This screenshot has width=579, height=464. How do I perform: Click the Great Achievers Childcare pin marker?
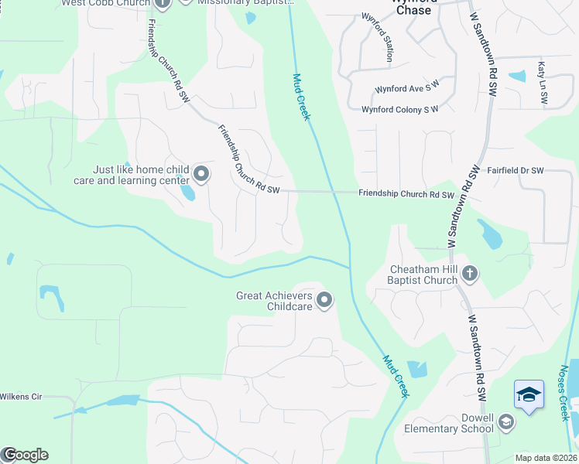(x=324, y=299)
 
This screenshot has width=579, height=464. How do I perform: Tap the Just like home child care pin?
(x=201, y=174)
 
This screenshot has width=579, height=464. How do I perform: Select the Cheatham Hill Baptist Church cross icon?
(x=471, y=272)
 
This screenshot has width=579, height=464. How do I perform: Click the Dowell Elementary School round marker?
(x=506, y=421)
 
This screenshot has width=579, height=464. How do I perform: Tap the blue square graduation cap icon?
(x=529, y=395)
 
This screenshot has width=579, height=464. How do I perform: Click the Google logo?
(x=25, y=455)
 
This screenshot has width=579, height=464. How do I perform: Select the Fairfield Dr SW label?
(x=516, y=170)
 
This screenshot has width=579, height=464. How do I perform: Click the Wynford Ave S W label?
(x=406, y=89)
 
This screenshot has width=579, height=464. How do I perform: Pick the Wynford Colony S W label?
(x=399, y=110)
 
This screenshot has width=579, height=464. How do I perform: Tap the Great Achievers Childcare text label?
(x=274, y=301)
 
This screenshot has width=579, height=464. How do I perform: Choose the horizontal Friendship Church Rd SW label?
(x=406, y=195)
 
